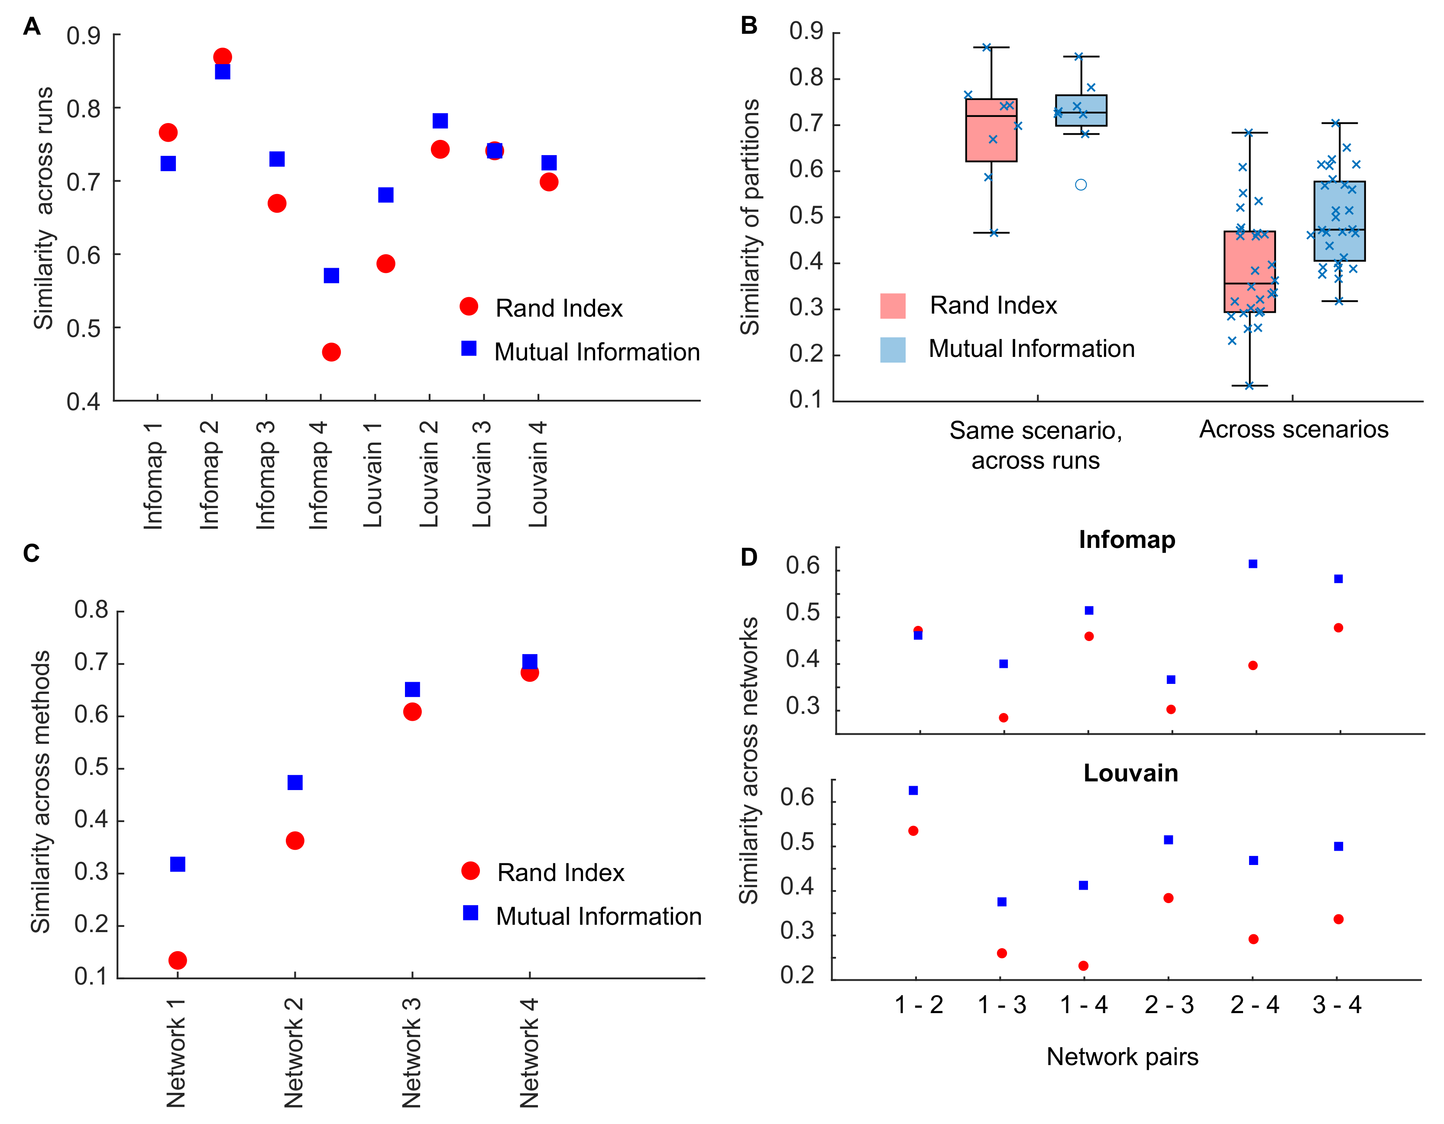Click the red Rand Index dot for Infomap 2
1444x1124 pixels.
point(222,57)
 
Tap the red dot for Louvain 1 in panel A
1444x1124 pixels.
point(385,264)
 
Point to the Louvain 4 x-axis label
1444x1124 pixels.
point(538,475)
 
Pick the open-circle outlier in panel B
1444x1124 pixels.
point(1080,185)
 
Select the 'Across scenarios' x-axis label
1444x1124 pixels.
point(1293,430)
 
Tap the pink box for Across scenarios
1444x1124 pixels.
point(1250,271)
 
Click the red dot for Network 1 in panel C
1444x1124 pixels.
point(177,960)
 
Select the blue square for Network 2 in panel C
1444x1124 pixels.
point(295,782)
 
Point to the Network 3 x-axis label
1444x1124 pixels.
point(411,1053)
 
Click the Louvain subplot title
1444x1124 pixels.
point(1130,773)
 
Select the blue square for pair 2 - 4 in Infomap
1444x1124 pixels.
point(1252,564)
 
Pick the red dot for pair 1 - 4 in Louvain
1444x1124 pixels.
point(1083,966)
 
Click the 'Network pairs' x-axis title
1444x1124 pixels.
point(1122,1056)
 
